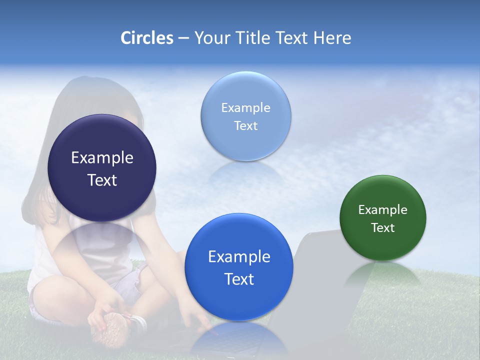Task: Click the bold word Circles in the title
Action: (x=147, y=38)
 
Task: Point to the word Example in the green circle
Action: (x=382, y=210)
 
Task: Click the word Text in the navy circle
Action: (x=102, y=180)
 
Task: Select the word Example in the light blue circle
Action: (x=245, y=108)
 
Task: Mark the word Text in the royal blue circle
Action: (x=239, y=279)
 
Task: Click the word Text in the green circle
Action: (x=382, y=228)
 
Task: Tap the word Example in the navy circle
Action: (x=102, y=158)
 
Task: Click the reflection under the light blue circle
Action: (x=245, y=172)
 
